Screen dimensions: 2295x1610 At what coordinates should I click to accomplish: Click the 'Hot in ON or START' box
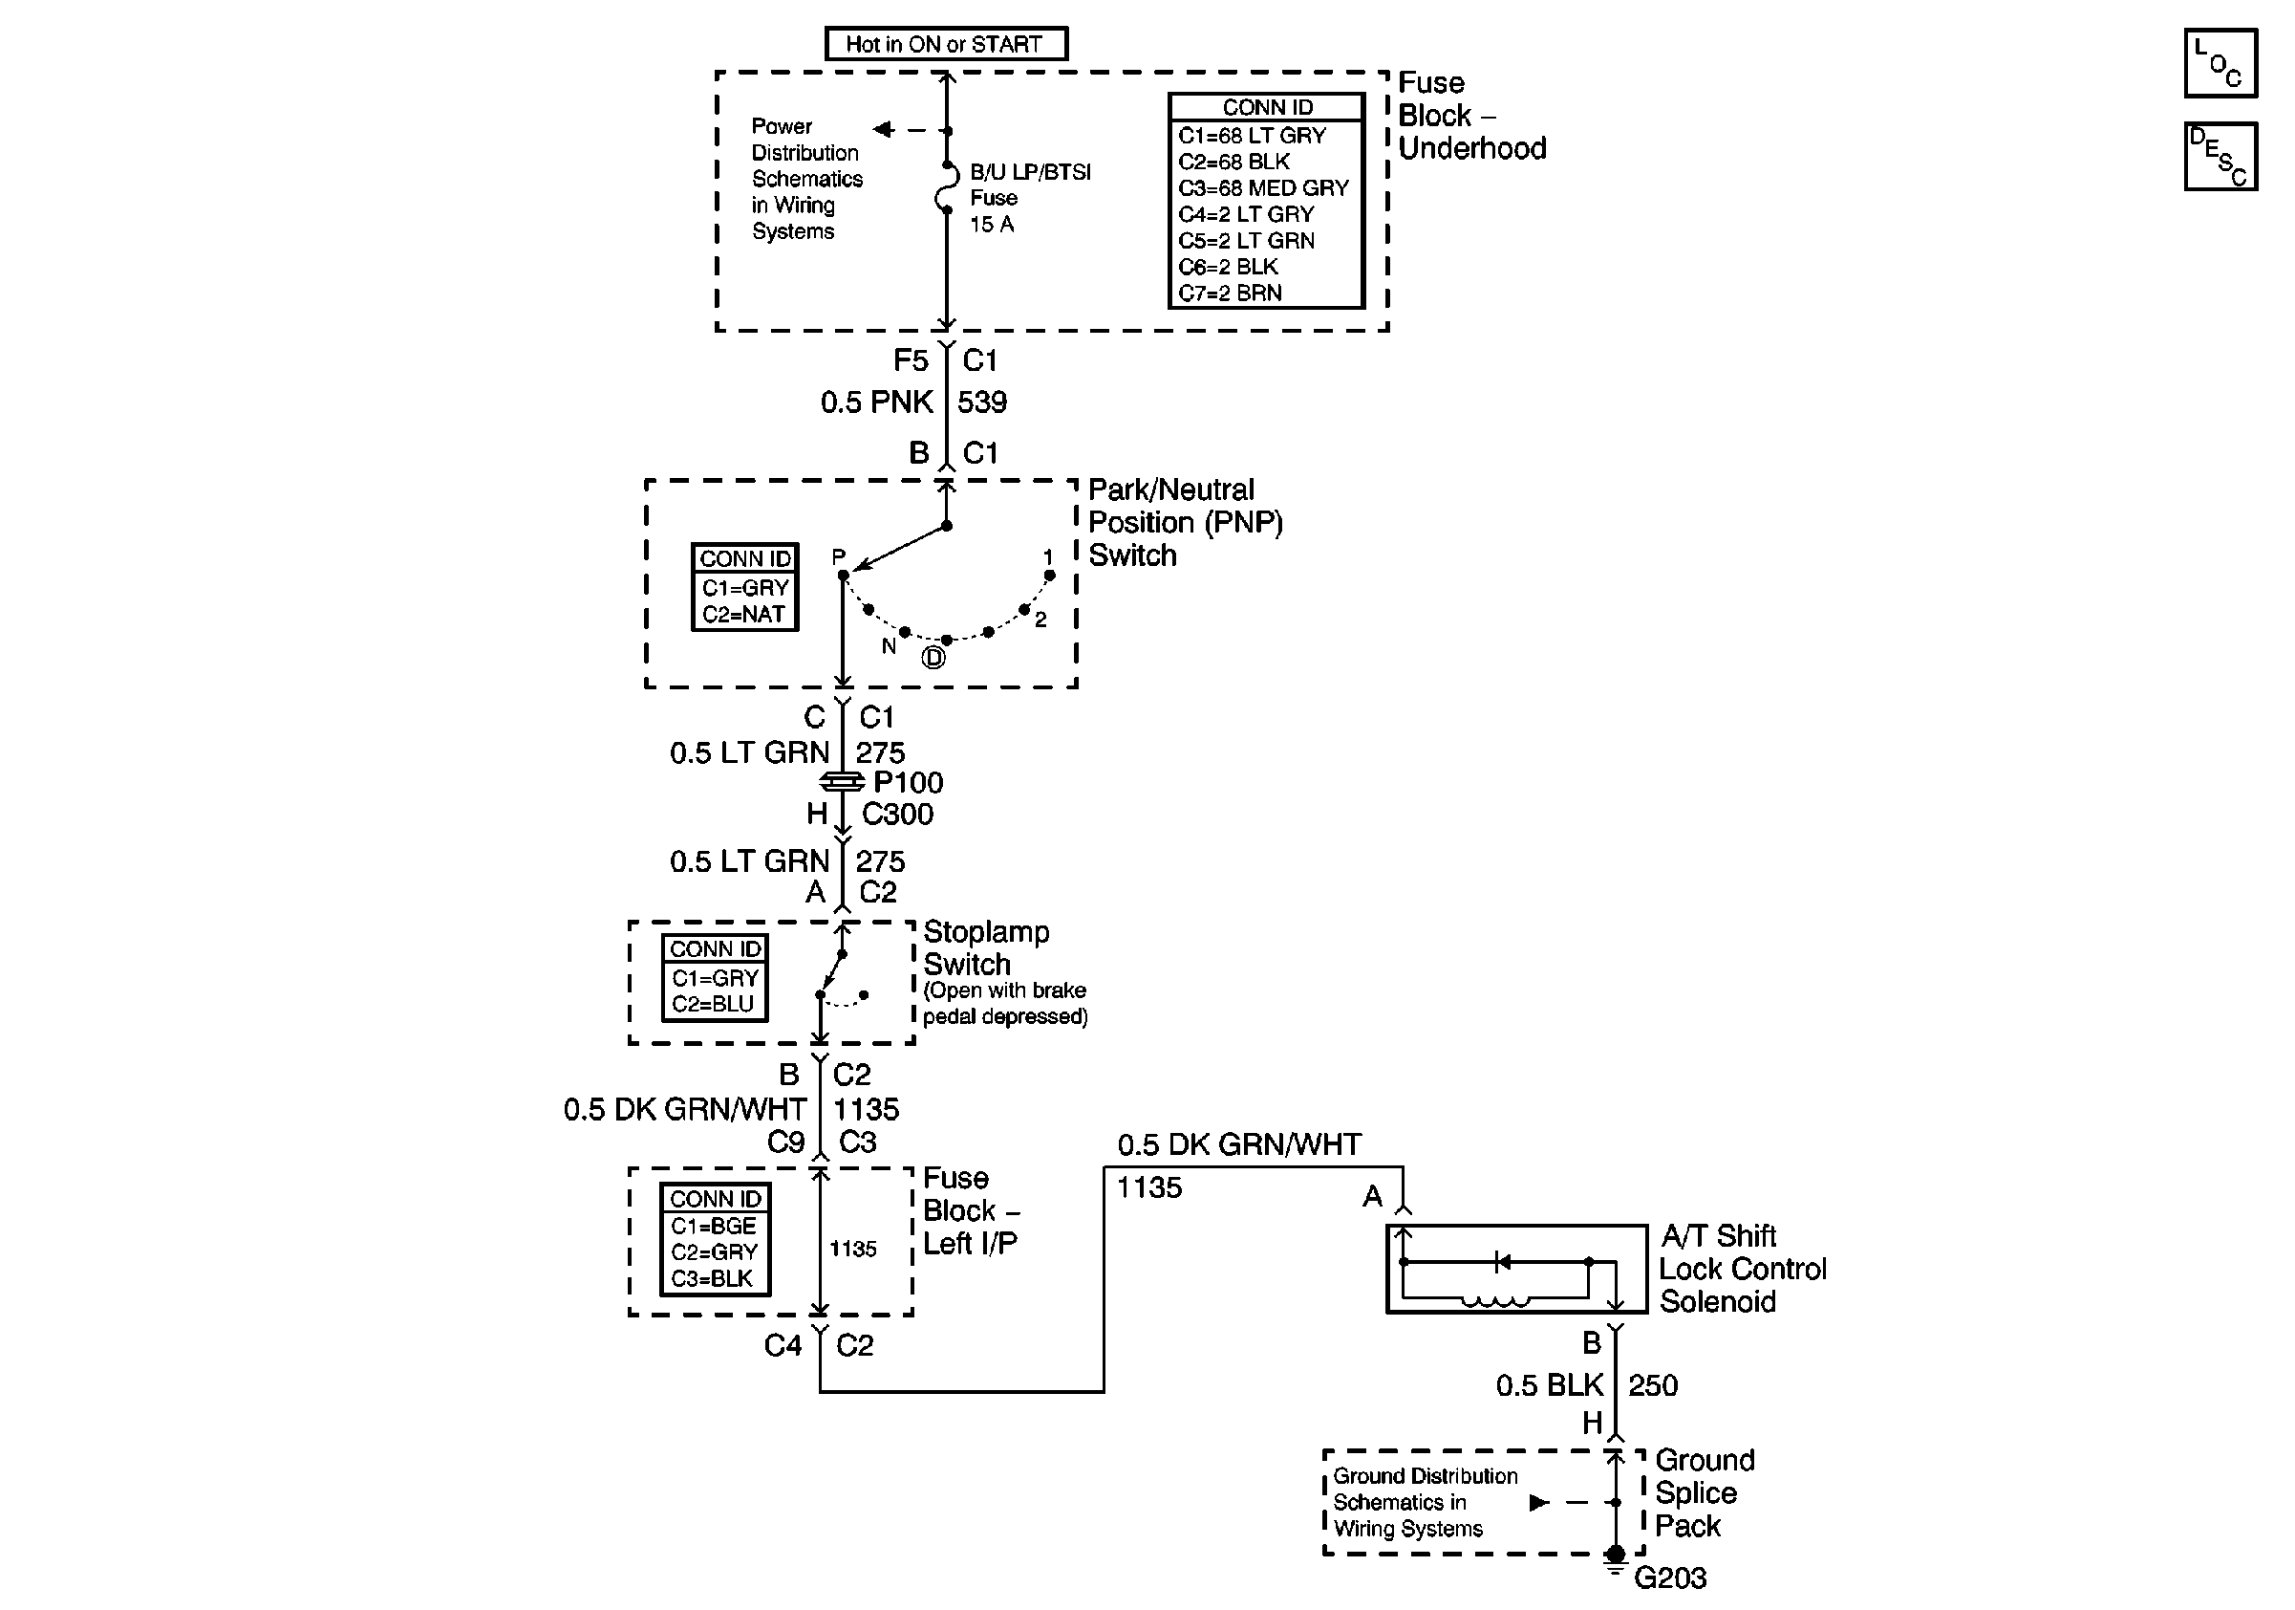[946, 44]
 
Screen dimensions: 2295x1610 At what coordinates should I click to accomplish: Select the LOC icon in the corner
[2220, 63]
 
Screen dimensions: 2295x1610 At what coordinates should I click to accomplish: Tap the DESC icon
[2220, 156]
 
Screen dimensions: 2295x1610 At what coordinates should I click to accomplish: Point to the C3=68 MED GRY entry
[1263, 188]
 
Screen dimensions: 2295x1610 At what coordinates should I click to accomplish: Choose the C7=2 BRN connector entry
[1230, 293]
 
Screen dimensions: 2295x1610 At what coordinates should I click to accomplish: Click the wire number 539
[981, 402]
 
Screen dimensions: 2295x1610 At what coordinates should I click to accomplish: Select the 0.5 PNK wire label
[875, 402]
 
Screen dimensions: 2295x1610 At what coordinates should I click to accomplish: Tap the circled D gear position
[933, 658]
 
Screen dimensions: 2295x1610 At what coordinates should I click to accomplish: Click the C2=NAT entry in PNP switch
[742, 614]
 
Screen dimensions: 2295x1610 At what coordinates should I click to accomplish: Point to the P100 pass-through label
[908, 782]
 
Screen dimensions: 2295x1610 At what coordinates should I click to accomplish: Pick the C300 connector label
[896, 814]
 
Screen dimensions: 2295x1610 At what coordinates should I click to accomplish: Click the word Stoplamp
[986, 932]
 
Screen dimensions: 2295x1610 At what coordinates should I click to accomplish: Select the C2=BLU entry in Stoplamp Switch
[713, 1004]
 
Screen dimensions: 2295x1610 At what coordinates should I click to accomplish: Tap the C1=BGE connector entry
[714, 1226]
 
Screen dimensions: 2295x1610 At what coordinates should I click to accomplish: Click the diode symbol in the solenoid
[1501, 1262]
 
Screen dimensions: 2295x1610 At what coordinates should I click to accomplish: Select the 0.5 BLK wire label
[1550, 1385]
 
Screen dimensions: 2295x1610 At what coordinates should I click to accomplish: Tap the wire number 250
[1653, 1385]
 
